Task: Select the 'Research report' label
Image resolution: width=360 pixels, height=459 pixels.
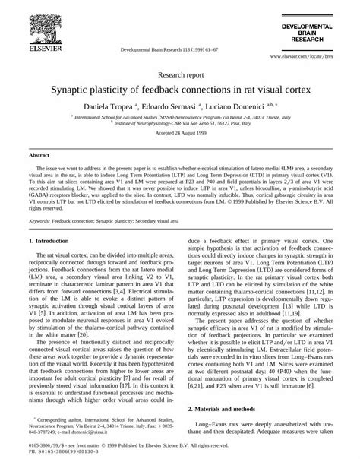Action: [179, 76]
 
